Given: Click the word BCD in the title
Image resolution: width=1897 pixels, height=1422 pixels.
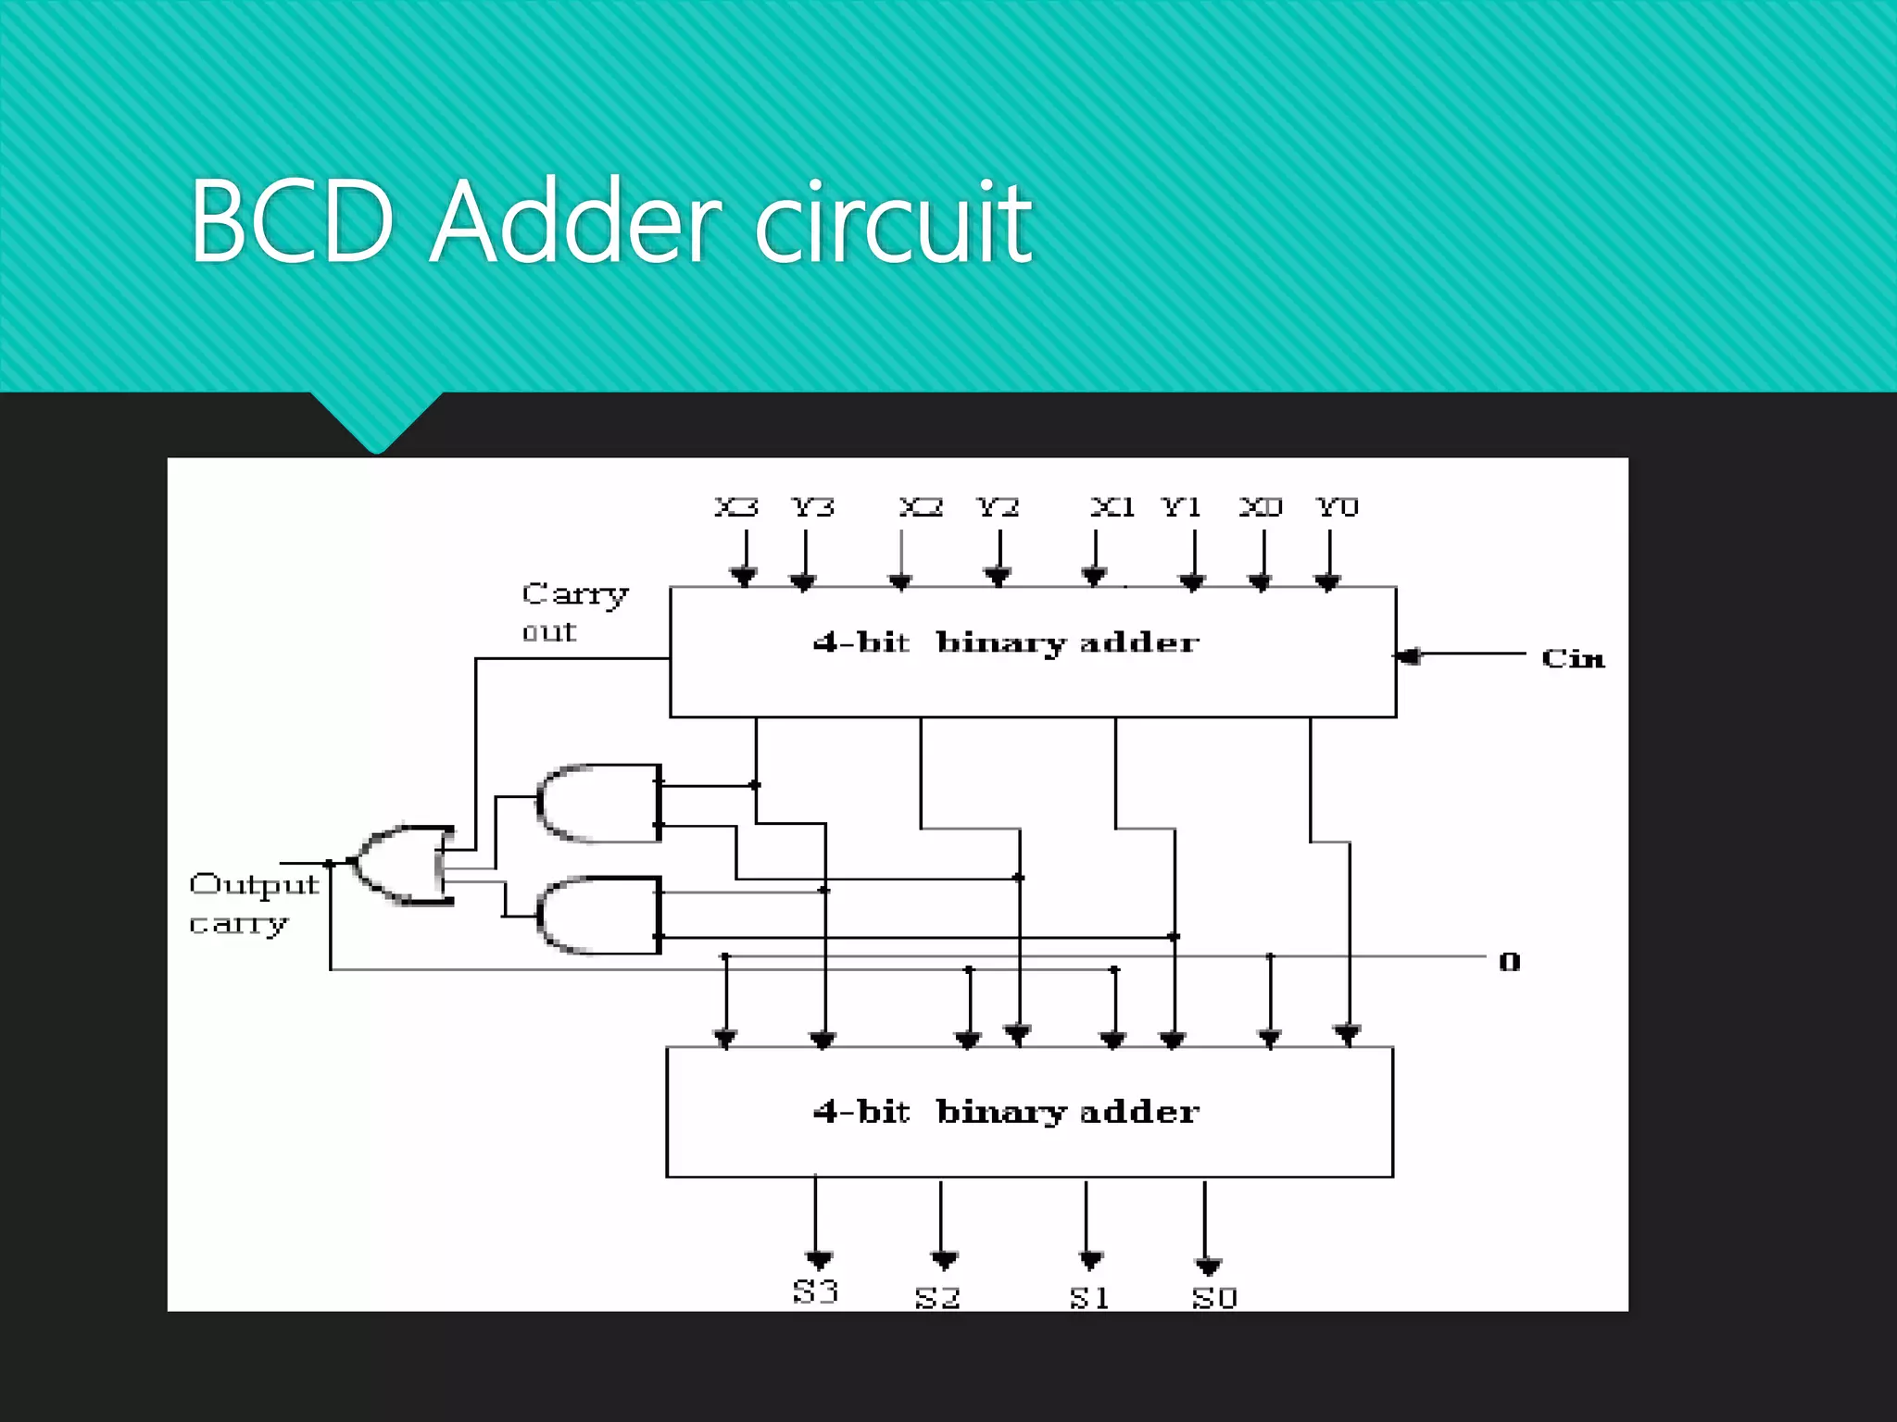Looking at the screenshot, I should coord(293,222).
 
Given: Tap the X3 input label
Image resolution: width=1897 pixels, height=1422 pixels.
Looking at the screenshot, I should coord(736,507).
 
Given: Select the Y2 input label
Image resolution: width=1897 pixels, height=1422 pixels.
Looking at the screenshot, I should coord(998,507).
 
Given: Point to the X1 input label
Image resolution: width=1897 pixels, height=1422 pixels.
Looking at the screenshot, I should coord(1112,507).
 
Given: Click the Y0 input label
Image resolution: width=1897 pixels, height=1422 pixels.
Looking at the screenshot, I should coord(1337,507).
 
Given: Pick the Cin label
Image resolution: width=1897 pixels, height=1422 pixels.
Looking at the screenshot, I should coord(1573,658).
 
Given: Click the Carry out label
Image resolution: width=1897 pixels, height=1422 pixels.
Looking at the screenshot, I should coord(573,611).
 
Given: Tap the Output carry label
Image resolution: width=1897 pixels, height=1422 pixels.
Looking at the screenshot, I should coord(252,903).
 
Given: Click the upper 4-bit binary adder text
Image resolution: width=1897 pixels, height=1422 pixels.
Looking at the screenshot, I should coord(1006,642).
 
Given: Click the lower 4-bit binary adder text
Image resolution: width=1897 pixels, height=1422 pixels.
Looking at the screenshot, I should coord(1006,1112).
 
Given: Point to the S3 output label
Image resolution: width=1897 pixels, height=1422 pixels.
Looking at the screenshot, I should coord(815,1291).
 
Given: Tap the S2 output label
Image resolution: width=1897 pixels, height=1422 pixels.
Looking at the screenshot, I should coord(937,1298).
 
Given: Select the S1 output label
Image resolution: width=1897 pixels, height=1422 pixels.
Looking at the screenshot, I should coord(1089,1298).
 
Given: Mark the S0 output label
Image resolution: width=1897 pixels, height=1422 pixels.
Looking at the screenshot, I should coord(1214,1298).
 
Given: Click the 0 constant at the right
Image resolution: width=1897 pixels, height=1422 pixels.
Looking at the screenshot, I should coord(1510,962).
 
